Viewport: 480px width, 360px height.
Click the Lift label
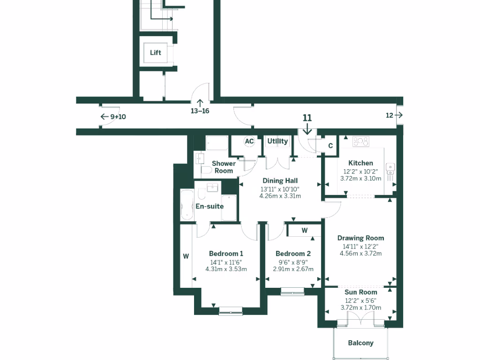click(156, 52)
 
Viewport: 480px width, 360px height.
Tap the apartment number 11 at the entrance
click(307, 118)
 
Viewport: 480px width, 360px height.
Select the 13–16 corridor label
click(200, 111)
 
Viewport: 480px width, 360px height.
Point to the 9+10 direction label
click(118, 117)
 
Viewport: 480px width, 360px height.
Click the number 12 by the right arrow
click(389, 115)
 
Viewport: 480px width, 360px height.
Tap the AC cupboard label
click(249, 141)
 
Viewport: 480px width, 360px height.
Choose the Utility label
click(277, 141)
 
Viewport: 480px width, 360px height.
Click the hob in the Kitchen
click(361, 141)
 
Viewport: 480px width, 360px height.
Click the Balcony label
click(360, 343)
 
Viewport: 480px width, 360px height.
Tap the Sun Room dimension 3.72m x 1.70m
click(360, 307)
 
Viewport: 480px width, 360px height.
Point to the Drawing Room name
click(360, 238)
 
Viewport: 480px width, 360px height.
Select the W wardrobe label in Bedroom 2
click(304, 230)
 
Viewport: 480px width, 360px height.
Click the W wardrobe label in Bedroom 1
click(186, 256)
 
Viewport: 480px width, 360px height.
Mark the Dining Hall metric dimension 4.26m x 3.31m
click(280, 196)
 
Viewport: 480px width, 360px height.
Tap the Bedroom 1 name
click(226, 254)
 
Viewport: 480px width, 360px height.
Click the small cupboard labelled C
click(330, 146)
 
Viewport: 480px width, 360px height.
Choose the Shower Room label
click(224, 167)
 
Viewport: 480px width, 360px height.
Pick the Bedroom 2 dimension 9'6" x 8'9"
click(293, 262)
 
